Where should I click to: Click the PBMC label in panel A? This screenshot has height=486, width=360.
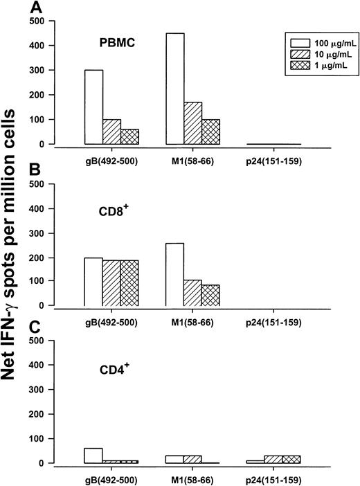click(x=116, y=42)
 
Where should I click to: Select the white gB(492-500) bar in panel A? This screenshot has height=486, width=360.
click(x=93, y=107)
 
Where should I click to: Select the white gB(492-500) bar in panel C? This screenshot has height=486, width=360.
click(x=93, y=456)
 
